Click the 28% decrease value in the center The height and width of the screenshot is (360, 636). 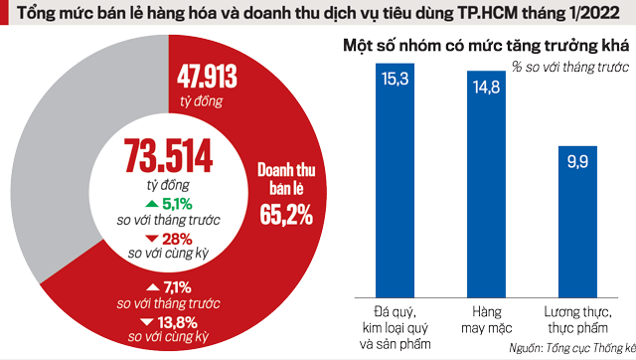click(181, 238)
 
